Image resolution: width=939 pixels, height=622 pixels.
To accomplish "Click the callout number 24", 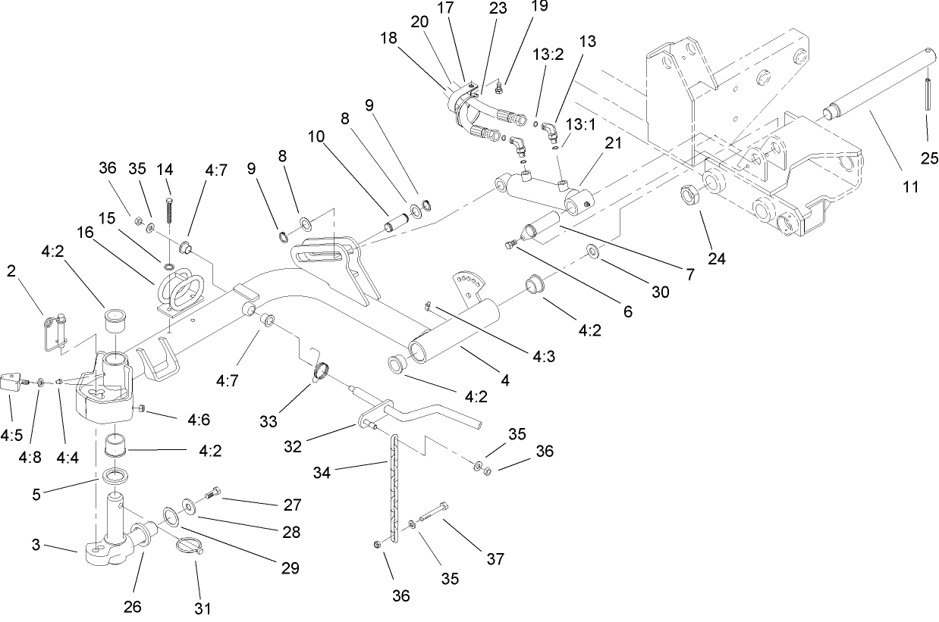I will point(717,259).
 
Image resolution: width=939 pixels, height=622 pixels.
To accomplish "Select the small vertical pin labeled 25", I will point(928,93).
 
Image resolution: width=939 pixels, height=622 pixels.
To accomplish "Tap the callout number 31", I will point(203,607).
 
